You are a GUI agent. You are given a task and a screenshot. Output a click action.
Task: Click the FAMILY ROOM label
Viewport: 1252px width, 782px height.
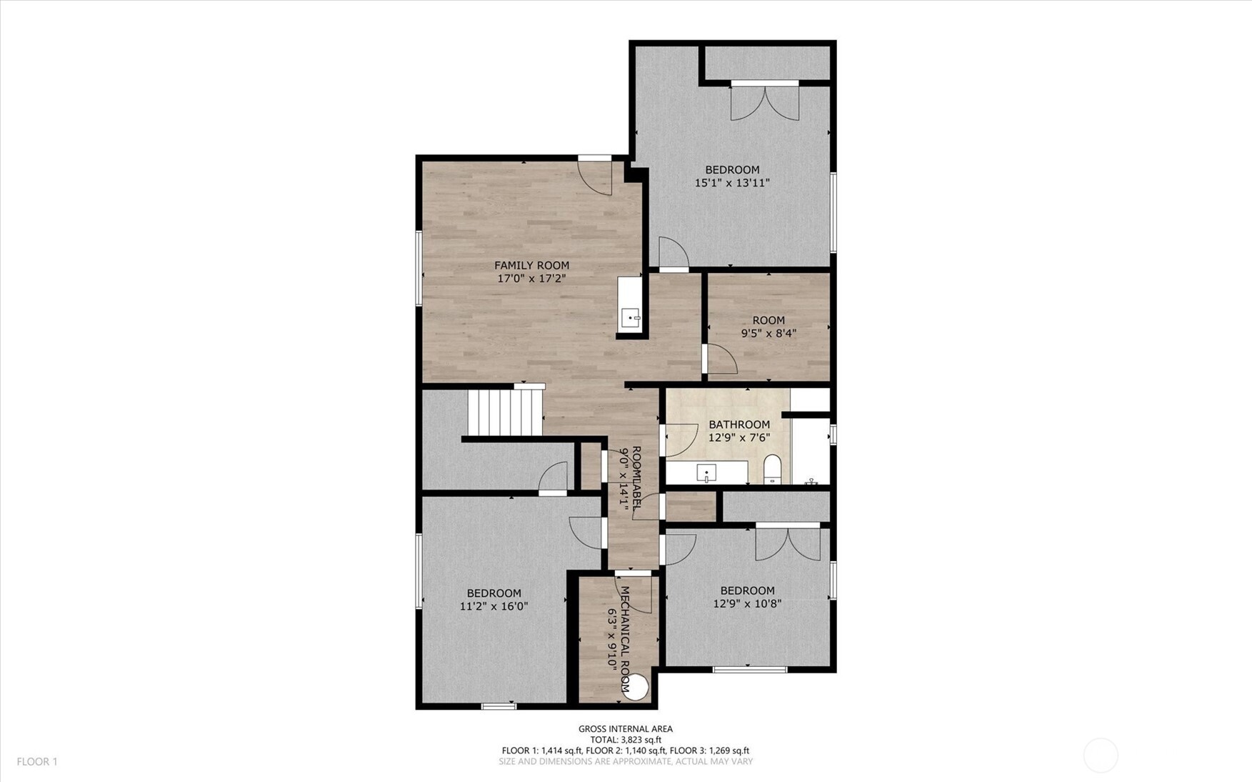[531, 265]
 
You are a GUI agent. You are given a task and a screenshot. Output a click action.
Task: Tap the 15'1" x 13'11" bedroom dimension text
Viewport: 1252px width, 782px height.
[732, 183]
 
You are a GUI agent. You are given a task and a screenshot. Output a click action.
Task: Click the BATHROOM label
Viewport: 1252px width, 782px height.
[739, 425]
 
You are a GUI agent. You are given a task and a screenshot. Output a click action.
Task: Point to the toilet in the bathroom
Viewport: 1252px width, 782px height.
[773, 469]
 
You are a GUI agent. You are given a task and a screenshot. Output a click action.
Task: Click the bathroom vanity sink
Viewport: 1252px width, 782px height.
[706, 473]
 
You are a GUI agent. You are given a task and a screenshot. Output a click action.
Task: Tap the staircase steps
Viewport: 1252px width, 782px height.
[505, 412]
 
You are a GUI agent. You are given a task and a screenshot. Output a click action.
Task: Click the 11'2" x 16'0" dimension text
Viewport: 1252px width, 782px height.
[494, 606]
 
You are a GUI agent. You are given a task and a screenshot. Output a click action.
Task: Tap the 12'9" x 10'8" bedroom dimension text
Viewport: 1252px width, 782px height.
[747, 603]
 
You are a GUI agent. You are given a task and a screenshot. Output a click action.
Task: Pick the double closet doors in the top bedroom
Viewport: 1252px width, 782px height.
[764, 104]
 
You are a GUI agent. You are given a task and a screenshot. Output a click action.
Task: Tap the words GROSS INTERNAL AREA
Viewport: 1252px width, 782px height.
[625, 729]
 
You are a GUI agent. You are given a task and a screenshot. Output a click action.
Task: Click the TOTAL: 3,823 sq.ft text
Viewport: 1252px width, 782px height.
[625, 740]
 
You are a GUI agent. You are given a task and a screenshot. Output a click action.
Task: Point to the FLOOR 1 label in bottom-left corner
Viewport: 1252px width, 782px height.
[37, 762]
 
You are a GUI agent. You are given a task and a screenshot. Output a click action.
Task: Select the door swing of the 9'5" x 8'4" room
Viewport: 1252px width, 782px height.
[721, 360]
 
